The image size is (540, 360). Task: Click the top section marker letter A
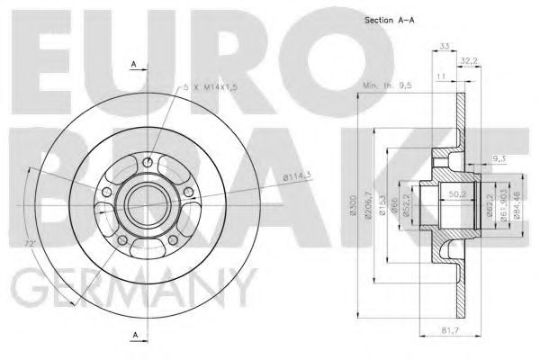[x=132, y=64]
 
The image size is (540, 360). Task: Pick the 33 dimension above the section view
[x=443, y=47]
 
